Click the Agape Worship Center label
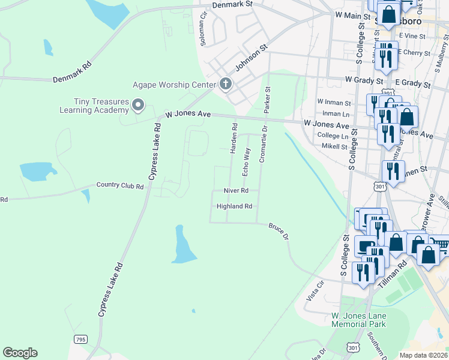pyautogui.click(x=174, y=85)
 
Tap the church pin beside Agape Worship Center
pyautogui.click(x=226, y=83)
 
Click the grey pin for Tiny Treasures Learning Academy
pyautogui.click(x=138, y=106)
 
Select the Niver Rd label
pyautogui.click(x=236, y=190)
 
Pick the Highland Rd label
pyautogui.click(x=234, y=206)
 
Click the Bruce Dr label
pyautogui.click(x=279, y=232)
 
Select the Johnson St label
pyautogui.click(x=250, y=58)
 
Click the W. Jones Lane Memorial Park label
pyautogui.click(x=359, y=320)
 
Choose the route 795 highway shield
pyautogui.click(x=80, y=340)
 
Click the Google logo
pyautogui.click(x=20, y=353)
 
